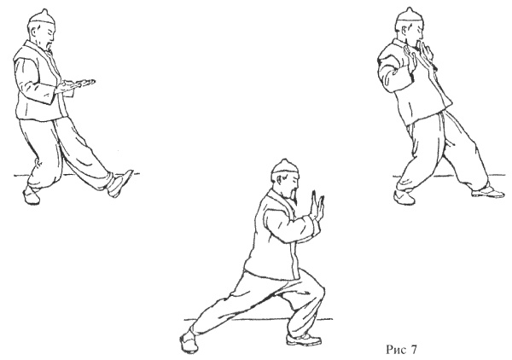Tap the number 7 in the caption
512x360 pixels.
[413, 350]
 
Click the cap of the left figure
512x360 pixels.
[42, 17]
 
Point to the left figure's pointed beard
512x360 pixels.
[49, 46]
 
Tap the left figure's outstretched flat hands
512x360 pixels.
[77, 84]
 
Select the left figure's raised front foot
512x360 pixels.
[119, 183]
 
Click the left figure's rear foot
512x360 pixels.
[31, 195]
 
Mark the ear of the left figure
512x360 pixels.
[35, 31]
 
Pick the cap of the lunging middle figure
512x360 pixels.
[285, 167]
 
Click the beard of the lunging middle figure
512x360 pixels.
[293, 195]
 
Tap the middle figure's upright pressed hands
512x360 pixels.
[317, 207]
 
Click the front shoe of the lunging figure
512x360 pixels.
[303, 339]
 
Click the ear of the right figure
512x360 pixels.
[404, 31]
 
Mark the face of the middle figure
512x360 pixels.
[292, 182]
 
